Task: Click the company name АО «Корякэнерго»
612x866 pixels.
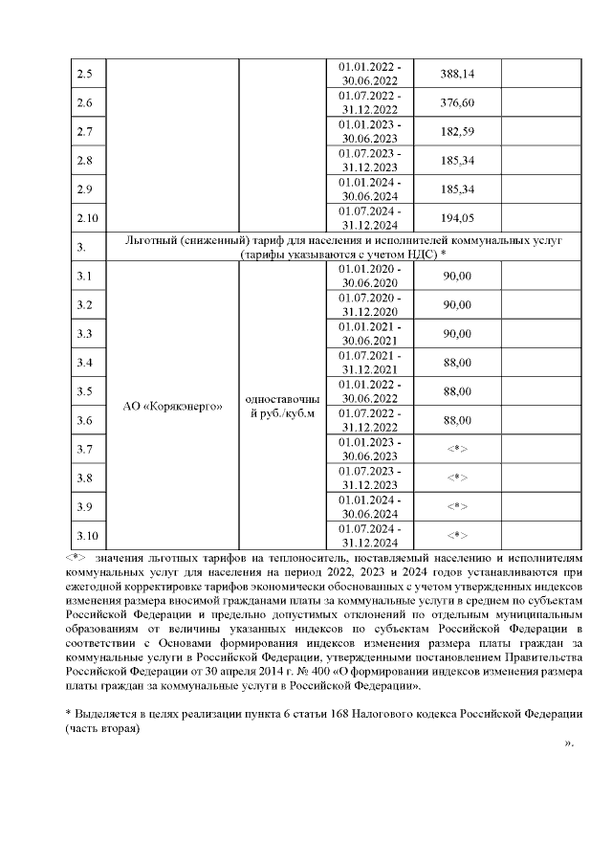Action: pyautogui.click(x=174, y=406)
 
